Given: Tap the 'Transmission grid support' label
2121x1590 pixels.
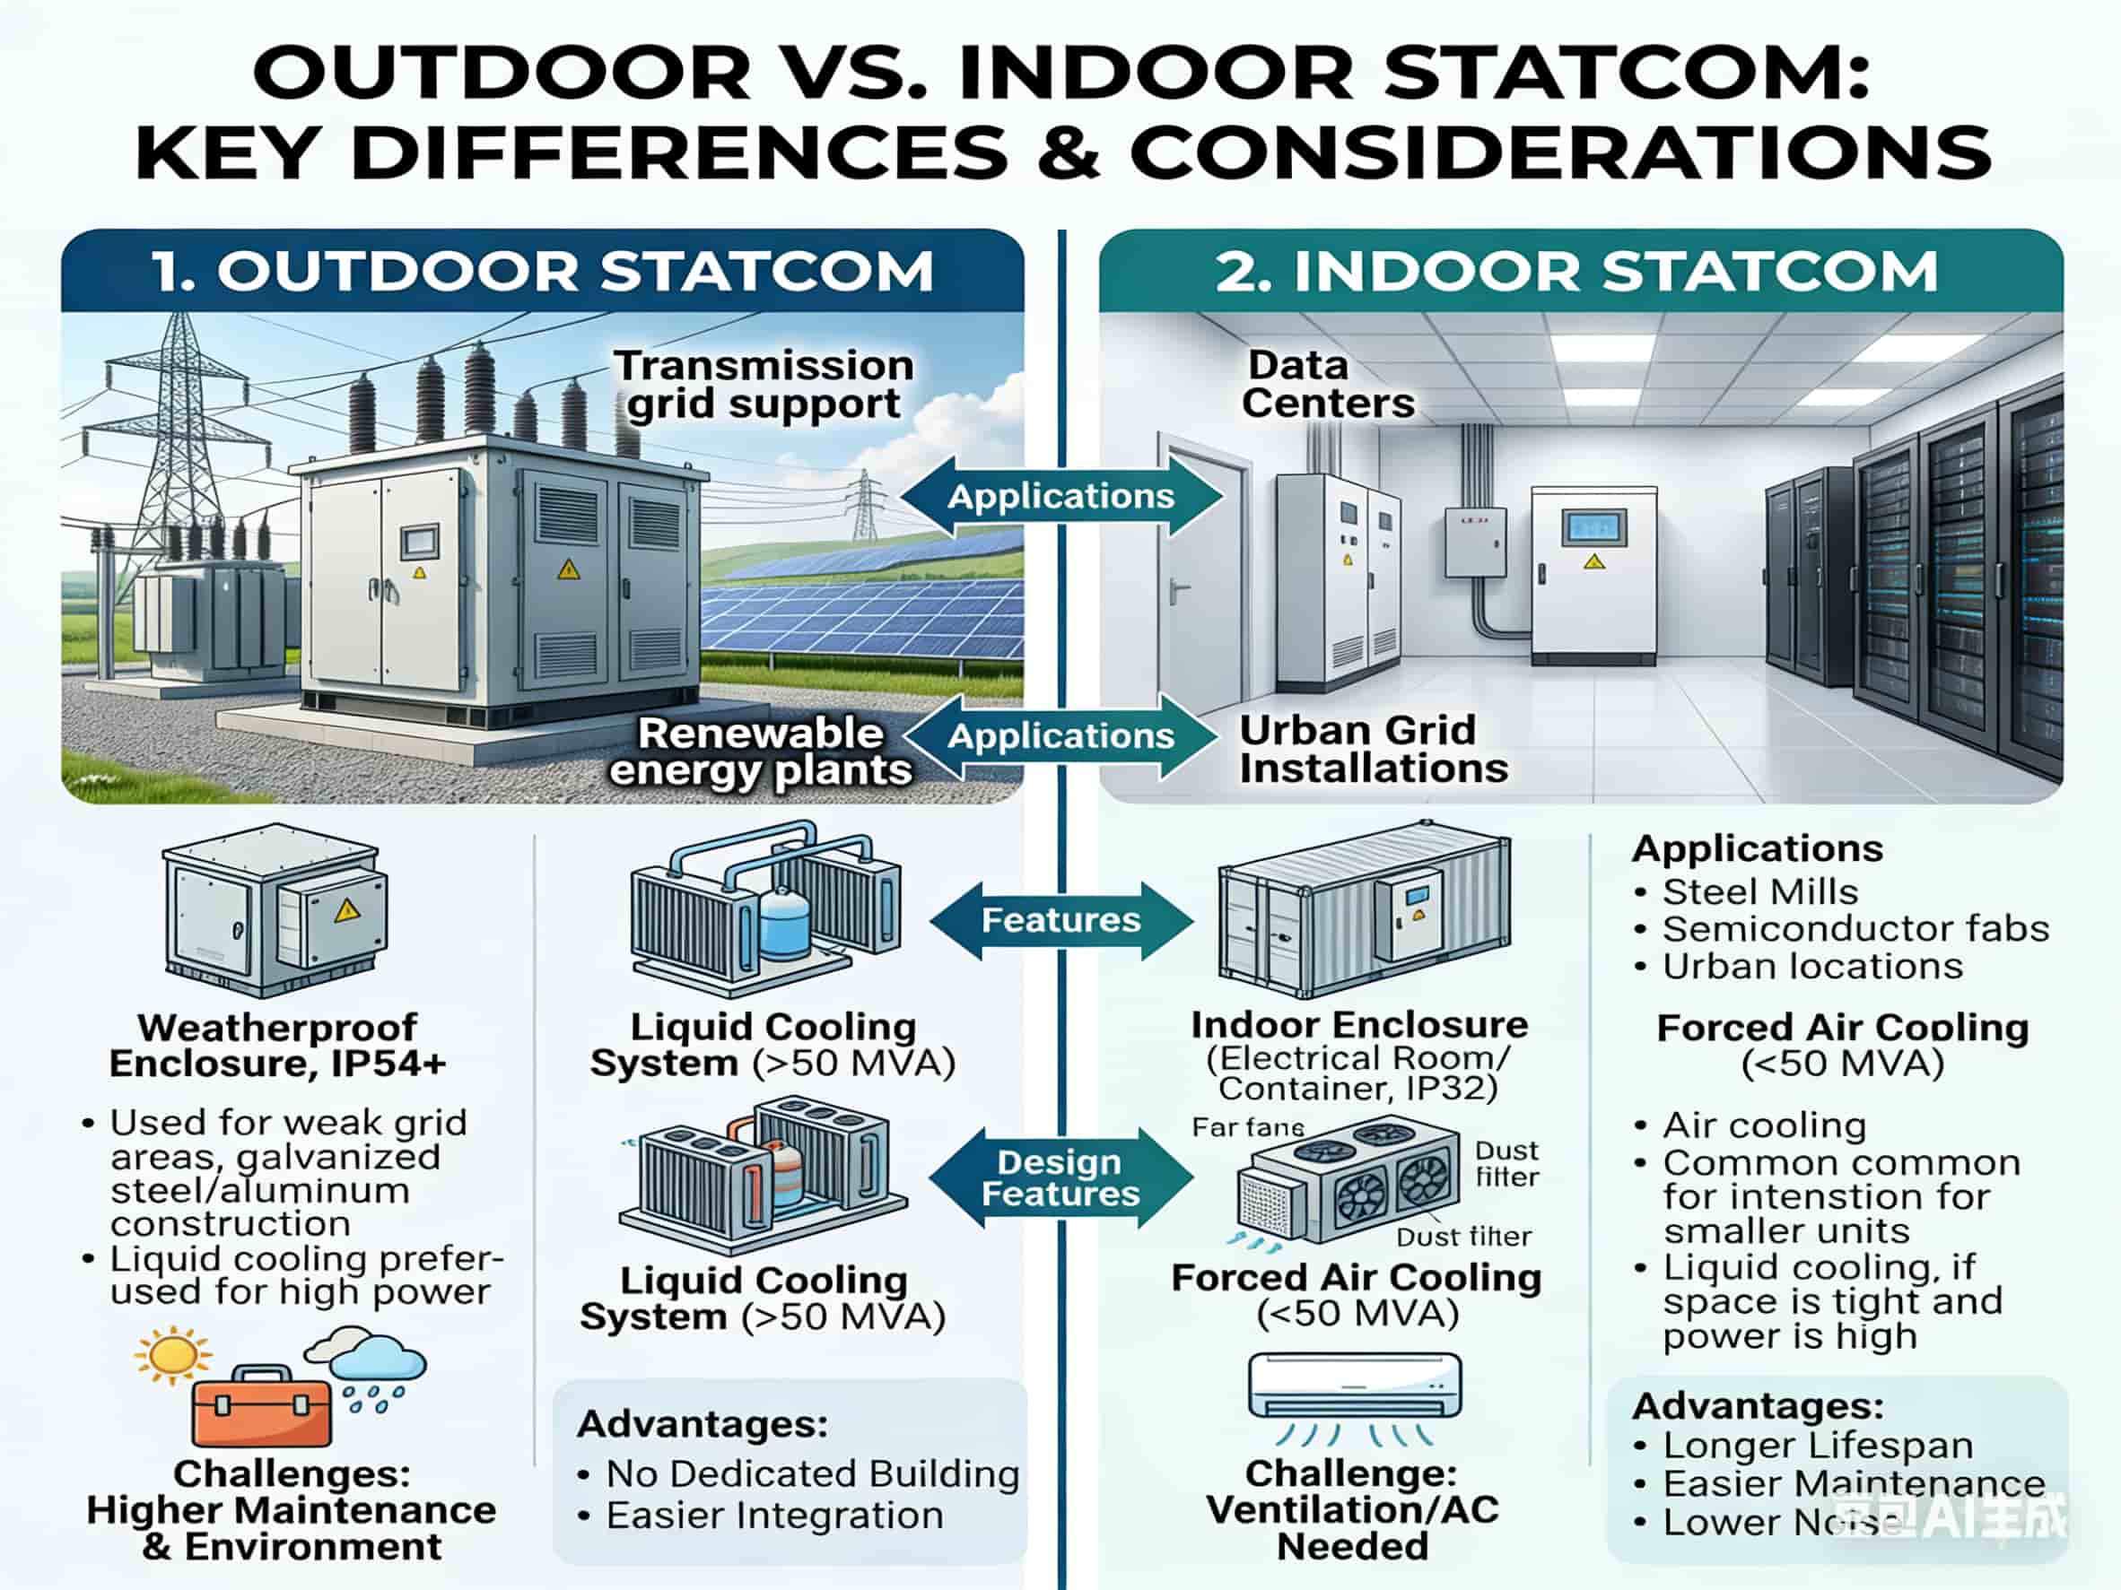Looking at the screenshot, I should point(764,385).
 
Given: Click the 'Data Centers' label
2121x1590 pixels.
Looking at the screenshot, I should point(1327,385).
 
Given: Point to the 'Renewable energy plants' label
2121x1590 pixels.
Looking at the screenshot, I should point(760,752).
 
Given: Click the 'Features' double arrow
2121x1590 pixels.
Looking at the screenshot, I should point(1060,921).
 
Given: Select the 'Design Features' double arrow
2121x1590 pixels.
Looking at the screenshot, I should point(1060,1177).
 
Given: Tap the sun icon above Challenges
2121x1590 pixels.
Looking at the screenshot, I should point(172,1355).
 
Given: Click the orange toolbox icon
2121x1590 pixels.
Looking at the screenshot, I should point(261,1405).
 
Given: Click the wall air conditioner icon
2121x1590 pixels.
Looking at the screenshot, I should point(1354,1386).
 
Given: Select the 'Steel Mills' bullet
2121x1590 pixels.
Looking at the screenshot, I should point(1759,892).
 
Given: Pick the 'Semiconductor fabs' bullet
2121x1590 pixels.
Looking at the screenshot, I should point(1855,930).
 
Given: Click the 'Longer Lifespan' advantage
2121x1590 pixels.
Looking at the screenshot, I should point(1817,1446).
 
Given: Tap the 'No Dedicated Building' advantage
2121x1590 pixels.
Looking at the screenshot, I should point(812,1474).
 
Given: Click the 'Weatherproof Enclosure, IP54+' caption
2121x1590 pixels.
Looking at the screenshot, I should point(277,1045).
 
